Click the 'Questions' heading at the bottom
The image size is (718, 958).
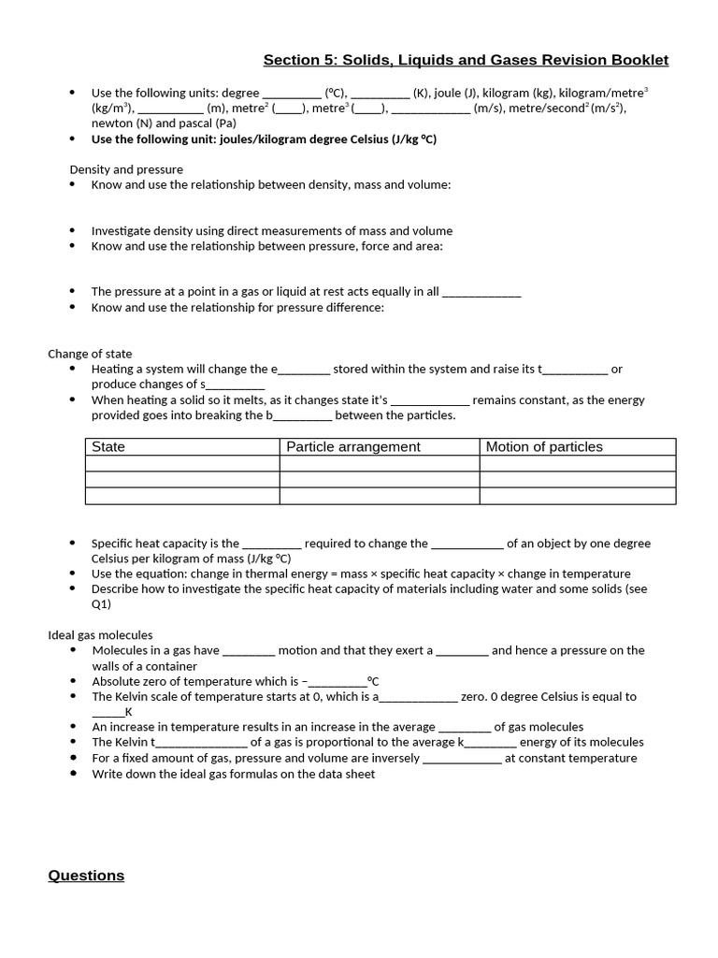pos(86,876)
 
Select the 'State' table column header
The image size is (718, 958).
pos(108,447)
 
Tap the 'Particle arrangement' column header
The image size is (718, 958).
pos(353,447)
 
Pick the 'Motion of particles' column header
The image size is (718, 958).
pos(544,447)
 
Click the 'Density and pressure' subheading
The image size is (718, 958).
pos(126,169)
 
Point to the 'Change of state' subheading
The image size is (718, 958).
pos(90,354)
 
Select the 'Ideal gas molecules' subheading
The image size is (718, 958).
pos(100,635)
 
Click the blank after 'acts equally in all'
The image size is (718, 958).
pos(481,293)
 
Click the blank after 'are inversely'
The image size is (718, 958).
pos(462,760)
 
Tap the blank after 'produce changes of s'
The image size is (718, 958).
pos(236,385)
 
